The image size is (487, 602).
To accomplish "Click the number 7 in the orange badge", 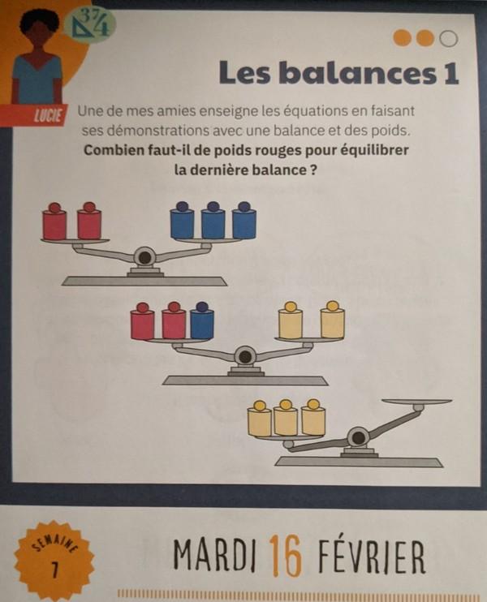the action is click(x=55, y=570).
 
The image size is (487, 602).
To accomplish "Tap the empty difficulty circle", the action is click(x=448, y=38).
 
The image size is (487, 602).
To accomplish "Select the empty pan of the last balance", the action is click(x=417, y=402).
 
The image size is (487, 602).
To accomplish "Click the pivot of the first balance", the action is click(x=144, y=257).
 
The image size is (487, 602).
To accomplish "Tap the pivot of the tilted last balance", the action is click(x=358, y=437).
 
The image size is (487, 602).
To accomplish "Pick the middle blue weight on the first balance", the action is click(x=213, y=221).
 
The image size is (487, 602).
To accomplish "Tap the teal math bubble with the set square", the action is click(x=90, y=23).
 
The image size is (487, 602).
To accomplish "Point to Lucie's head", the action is click(x=37, y=28).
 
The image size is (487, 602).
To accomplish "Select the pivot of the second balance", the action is click(x=245, y=357).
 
